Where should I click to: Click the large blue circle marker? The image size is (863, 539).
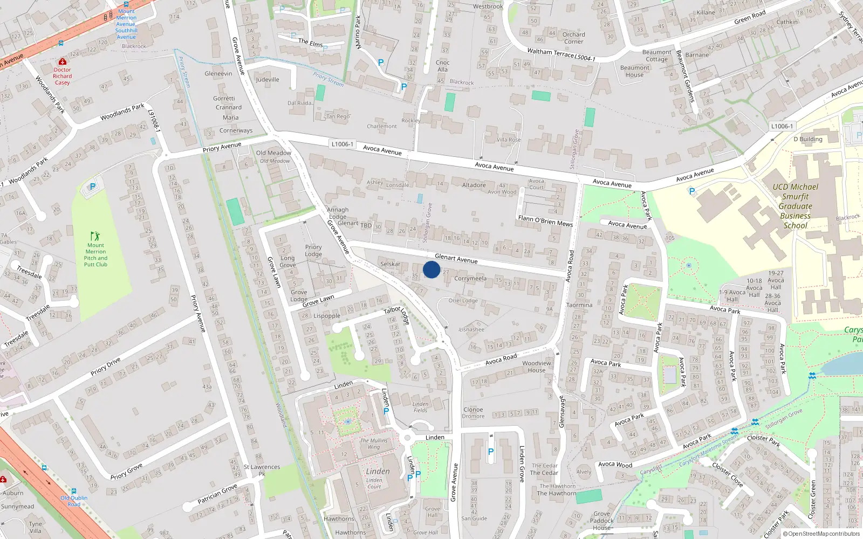click(x=432, y=269)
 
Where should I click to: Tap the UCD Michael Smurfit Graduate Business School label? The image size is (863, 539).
click(x=795, y=206)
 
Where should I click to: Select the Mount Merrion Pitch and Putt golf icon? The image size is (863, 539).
click(x=95, y=236)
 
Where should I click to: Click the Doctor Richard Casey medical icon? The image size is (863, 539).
click(x=63, y=61)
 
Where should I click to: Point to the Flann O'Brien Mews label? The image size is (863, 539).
click(x=545, y=220)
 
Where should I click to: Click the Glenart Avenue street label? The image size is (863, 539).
click(x=456, y=259)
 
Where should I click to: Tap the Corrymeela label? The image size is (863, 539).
click(x=470, y=279)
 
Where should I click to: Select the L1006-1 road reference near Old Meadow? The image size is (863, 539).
click(x=343, y=144)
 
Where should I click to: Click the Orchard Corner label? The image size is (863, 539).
click(x=573, y=38)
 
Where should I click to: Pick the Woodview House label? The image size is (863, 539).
click(x=536, y=367)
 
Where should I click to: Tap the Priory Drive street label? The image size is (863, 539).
click(x=106, y=366)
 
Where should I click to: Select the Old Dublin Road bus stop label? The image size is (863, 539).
click(x=74, y=501)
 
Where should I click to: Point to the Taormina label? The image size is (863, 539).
click(x=579, y=305)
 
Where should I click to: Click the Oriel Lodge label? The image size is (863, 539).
click(x=463, y=301)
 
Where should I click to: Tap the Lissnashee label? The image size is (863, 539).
click(x=471, y=329)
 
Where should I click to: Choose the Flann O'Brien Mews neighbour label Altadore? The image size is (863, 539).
click(x=474, y=185)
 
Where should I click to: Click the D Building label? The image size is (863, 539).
click(x=807, y=139)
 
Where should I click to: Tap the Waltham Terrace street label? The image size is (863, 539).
click(x=550, y=53)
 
